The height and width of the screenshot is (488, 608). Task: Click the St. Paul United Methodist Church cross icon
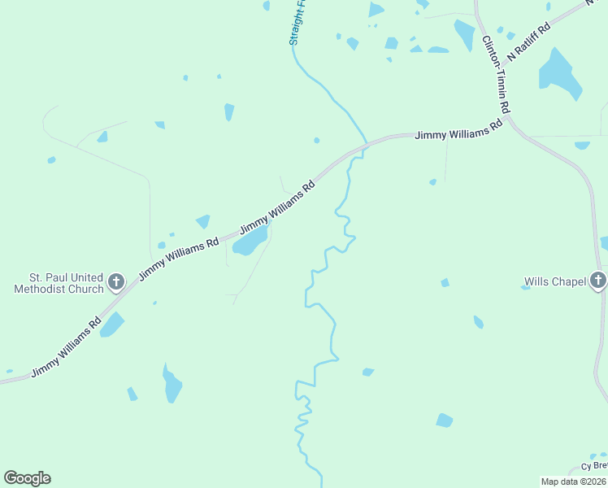pos(116,282)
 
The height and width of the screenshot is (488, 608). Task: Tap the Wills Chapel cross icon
pos(598,281)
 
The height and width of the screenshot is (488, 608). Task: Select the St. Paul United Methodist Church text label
pos(59,282)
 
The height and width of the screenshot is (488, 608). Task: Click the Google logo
pos(27,478)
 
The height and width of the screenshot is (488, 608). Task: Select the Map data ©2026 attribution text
pos(574,481)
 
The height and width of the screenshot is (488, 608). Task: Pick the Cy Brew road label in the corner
pos(594,466)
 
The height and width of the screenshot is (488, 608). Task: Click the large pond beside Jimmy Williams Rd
pos(250,242)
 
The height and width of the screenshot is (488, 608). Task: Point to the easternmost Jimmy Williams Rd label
pos(458,133)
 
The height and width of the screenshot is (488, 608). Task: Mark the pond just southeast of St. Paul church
pos(111,325)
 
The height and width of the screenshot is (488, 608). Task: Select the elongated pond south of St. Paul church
pos(172,384)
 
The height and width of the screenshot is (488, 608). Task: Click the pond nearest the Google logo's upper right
pos(132,394)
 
